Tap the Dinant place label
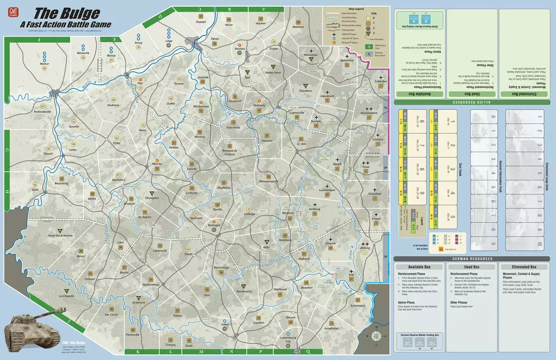click(x=48, y=153)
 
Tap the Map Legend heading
click(x=356, y=8)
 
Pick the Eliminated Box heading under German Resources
click(x=523, y=267)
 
